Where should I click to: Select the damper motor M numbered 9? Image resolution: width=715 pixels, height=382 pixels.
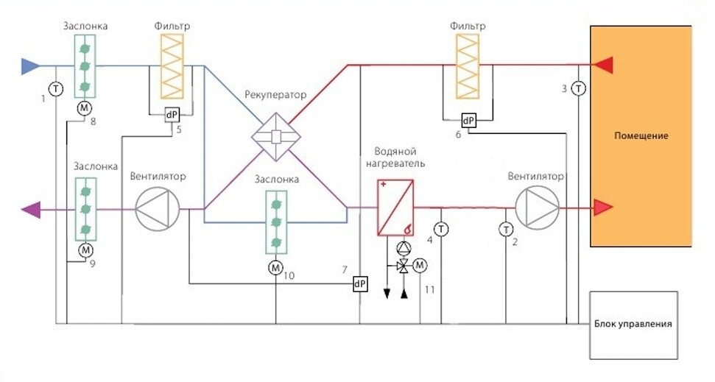point(85,250)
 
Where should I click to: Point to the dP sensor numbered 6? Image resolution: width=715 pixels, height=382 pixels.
point(468,121)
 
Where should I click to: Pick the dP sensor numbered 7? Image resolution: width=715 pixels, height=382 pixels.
point(360,284)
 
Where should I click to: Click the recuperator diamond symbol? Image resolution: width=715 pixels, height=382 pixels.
point(276,136)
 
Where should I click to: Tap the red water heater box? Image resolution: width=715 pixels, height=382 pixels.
point(395,208)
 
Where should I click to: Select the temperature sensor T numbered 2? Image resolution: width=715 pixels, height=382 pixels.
point(506,230)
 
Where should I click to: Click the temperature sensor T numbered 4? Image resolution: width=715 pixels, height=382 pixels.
point(440,230)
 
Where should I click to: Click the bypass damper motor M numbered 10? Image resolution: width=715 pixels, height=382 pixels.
point(275,266)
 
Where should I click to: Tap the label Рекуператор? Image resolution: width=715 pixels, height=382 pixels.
point(275,95)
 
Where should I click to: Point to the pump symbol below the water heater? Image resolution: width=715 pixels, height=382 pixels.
point(402,247)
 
